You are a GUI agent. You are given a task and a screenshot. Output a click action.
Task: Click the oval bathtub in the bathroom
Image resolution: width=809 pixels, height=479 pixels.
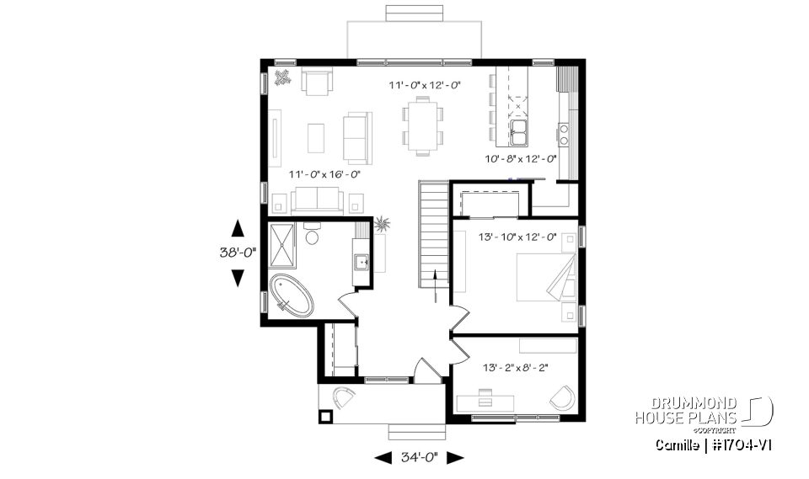(x=292, y=295)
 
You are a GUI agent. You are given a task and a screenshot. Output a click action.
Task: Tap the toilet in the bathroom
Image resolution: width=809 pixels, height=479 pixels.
(x=312, y=235)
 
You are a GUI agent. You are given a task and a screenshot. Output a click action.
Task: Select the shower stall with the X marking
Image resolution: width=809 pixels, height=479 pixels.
(x=283, y=242)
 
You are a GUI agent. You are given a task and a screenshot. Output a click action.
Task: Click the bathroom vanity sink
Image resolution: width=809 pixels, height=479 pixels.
(x=362, y=263)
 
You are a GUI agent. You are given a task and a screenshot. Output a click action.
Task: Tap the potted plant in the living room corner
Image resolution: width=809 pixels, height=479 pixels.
(x=283, y=77)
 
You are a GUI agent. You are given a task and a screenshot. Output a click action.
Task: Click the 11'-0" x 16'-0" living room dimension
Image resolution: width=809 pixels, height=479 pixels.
(x=324, y=174)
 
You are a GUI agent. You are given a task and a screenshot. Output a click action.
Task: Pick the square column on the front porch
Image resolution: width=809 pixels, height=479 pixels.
(x=325, y=415)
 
